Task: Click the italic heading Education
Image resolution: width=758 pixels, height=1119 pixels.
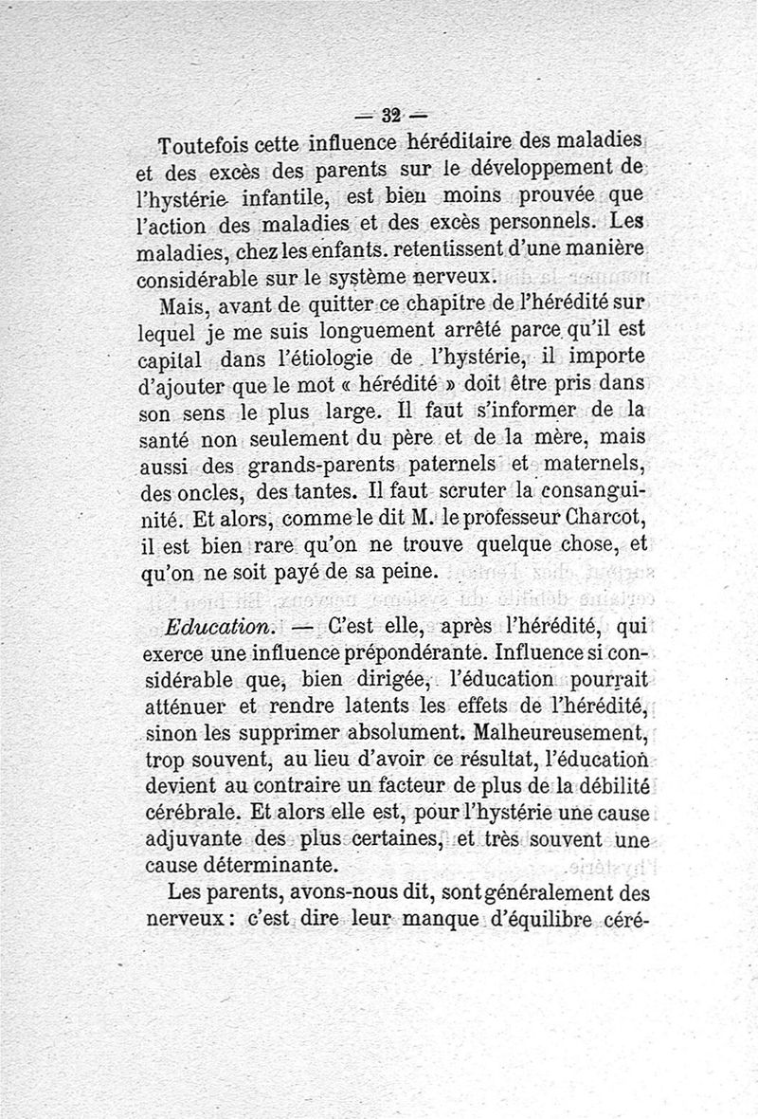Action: click(x=219, y=628)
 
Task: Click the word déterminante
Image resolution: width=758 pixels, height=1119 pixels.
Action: click(x=279, y=866)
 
